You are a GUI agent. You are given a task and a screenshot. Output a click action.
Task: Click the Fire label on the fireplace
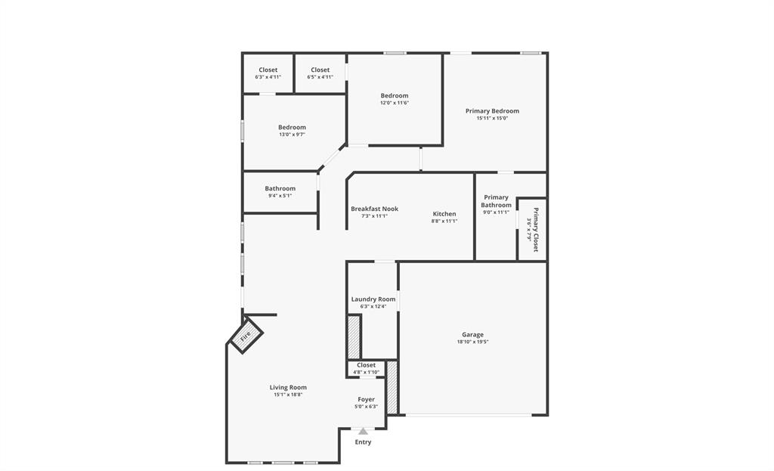pyautogui.click(x=246, y=338)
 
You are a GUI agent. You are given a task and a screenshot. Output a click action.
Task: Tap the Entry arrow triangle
pyautogui.click(x=363, y=431)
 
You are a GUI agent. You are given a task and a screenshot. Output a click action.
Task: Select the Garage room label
pyautogui.click(x=472, y=334)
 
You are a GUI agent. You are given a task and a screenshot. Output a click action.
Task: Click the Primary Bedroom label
pyautogui.click(x=492, y=111)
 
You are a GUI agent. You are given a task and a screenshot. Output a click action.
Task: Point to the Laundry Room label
pyautogui.click(x=373, y=299)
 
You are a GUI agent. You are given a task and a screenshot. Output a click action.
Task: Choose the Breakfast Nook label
pyautogui.click(x=374, y=209)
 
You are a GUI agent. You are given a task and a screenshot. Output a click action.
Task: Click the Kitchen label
pyautogui.click(x=444, y=214)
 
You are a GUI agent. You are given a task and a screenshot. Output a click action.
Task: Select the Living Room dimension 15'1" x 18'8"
pyautogui.click(x=288, y=395)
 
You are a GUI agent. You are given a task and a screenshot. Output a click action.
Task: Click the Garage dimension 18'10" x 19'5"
pyautogui.click(x=472, y=342)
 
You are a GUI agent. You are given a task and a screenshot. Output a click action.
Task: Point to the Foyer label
pyautogui.click(x=366, y=399)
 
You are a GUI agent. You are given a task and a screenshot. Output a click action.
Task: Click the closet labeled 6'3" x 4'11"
pyautogui.click(x=268, y=73)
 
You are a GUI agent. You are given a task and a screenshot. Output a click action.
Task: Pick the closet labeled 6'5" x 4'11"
pyautogui.click(x=320, y=73)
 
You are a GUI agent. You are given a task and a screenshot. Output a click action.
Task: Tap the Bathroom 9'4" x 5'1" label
pyautogui.click(x=280, y=192)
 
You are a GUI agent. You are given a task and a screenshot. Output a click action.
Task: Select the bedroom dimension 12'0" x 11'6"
pyautogui.click(x=395, y=103)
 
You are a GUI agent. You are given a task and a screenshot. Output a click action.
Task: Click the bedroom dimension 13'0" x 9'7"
pyautogui.click(x=292, y=135)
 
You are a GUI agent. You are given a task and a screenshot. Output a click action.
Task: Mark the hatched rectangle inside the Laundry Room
pyautogui.click(x=353, y=337)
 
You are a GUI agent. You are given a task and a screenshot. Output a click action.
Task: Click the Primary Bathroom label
pyautogui.click(x=496, y=201)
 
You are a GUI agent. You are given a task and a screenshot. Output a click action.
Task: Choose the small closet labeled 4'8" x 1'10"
pyautogui.click(x=366, y=368)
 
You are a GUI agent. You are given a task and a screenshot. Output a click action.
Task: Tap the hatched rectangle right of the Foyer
pyautogui.click(x=392, y=388)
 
